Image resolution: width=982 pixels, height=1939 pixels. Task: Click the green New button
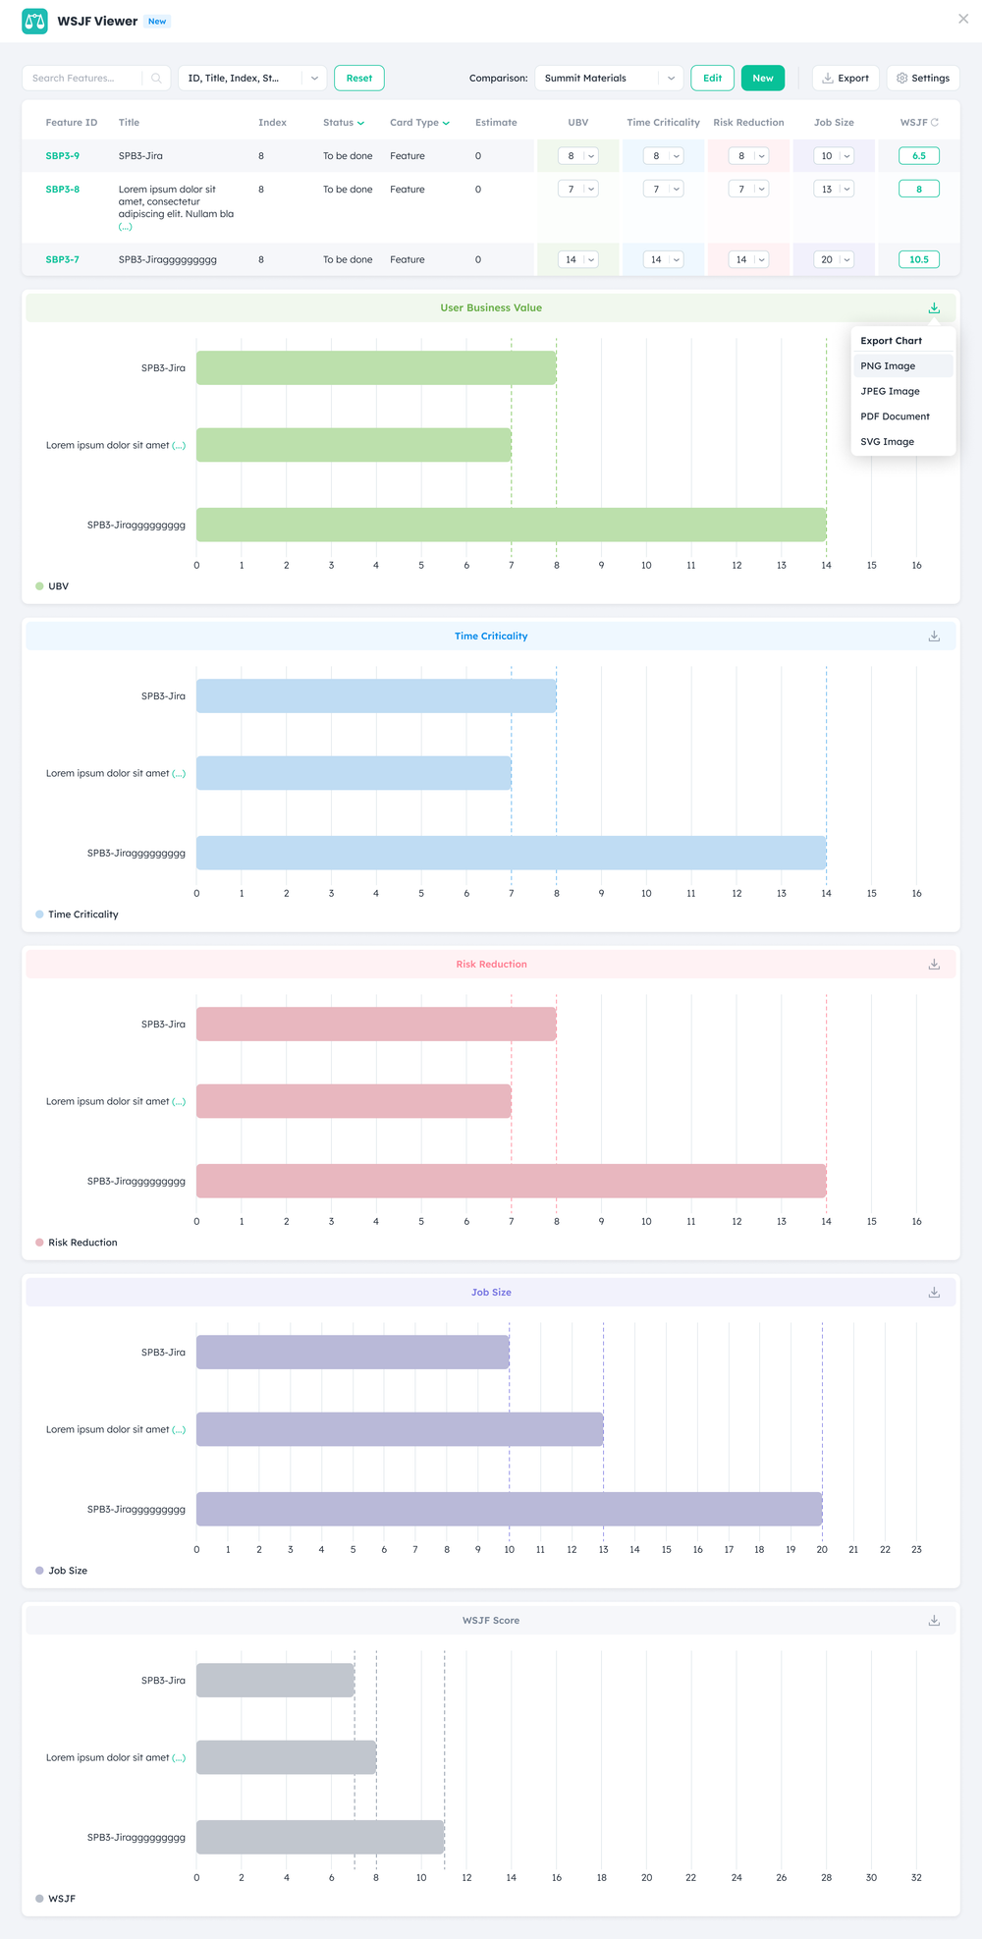[x=762, y=79]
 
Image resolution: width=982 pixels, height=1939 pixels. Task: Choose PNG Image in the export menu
[x=888, y=365]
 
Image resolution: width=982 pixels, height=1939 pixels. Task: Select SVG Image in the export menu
[x=887, y=442]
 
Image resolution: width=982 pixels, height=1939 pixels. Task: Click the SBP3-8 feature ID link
[x=62, y=190]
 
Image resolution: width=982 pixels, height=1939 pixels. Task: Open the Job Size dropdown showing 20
[x=834, y=260]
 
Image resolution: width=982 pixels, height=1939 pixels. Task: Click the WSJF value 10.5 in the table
[x=918, y=260]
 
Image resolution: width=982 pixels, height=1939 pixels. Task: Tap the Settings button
[x=923, y=79]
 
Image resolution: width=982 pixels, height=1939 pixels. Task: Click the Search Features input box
[x=86, y=79]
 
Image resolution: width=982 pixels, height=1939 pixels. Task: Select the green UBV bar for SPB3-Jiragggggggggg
[x=511, y=525]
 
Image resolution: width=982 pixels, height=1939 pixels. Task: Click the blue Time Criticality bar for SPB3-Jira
[x=376, y=696]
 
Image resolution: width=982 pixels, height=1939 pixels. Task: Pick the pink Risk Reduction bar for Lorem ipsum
[x=354, y=1101]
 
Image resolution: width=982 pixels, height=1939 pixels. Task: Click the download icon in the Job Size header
[x=934, y=1293]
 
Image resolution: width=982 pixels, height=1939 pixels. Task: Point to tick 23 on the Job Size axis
[x=916, y=1549]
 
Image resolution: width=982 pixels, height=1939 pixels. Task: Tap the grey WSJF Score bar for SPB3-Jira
[x=275, y=1681]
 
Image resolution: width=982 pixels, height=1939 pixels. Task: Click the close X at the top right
[x=962, y=19]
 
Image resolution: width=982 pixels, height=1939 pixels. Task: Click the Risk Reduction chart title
[x=491, y=965]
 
